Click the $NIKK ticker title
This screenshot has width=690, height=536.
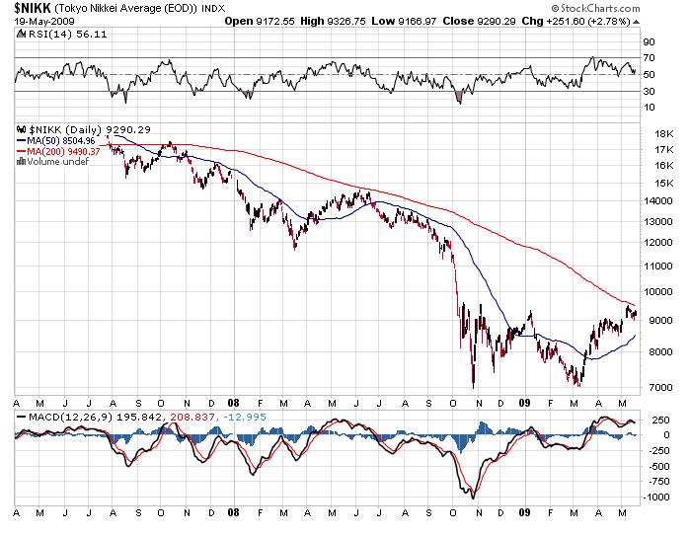coord(34,8)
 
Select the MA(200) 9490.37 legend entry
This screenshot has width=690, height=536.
coord(57,151)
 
